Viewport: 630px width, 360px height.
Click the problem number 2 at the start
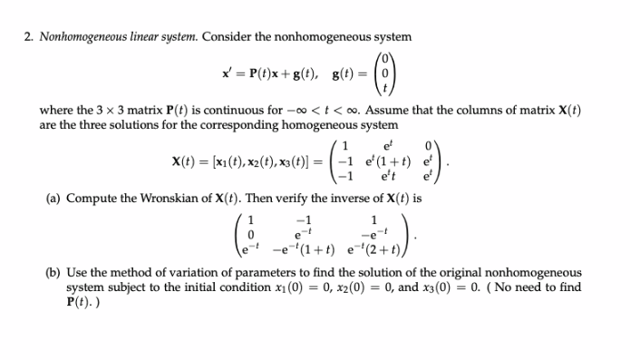pyautogui.click(x=29, y=37)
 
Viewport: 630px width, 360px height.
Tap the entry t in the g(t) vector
pyautogui.click(x=386, y=88)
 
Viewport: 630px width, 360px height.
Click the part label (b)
pyautogui.click(x=53, y=272)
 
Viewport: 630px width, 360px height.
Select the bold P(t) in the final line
pyautogui.click(x=80, y=300)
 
